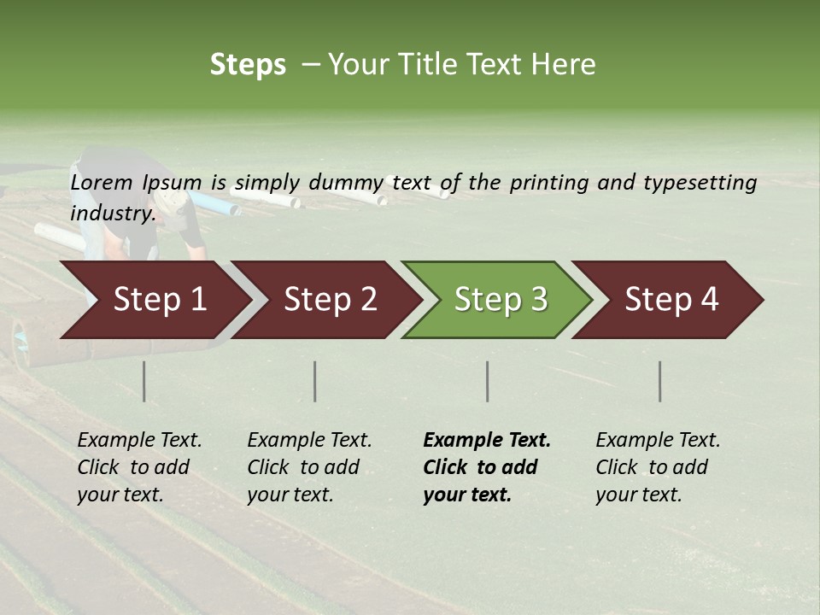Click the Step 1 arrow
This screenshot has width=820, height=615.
coord(154,300)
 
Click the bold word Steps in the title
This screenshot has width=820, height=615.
coord(248,65)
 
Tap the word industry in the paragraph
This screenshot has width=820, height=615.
coord(113,214)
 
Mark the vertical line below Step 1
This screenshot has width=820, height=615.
coord(143,381)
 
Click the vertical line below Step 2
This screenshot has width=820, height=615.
coord(315,381)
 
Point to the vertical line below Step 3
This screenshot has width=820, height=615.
coord(487,381)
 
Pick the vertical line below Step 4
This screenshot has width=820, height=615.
coord(659,381)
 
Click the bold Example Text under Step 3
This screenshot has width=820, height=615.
coord(487,441)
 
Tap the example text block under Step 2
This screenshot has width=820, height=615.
coord(308,467)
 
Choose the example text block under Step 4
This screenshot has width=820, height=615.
coord(657,467)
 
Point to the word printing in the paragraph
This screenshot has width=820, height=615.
coord(542,183)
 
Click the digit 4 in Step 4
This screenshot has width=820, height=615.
coord(709,300)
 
